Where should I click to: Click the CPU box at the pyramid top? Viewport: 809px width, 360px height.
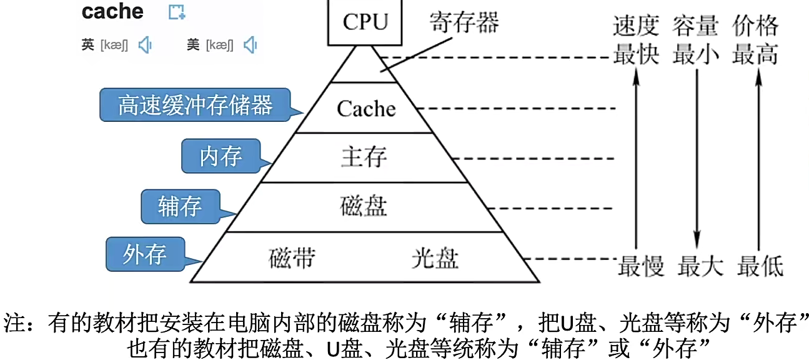pyautogui.click(x=365, y=22)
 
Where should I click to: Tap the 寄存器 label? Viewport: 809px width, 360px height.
pyautogui.click(x=464, y=23)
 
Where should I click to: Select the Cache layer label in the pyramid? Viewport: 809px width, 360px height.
pyautogui.click(x=366, y=109)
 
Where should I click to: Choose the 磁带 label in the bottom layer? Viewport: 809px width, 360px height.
pyautogui.click(x=292, y=257)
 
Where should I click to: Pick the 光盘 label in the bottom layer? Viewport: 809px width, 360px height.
pyautogui.click(x=435, y=257)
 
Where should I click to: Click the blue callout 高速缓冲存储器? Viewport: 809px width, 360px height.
pyautogui.click(x=196, y=104)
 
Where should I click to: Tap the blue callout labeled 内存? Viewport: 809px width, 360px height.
pyautogui.click(x=221, y=156)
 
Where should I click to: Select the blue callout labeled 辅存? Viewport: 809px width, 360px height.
pyautogui.click(x=180, y=206)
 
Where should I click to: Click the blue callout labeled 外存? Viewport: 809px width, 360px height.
pyautogui.click(x=144, y=254)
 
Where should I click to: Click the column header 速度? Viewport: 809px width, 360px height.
pyautogui.click(x=636, y=27)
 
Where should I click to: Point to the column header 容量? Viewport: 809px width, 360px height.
pyautogui.click(x=696, y=27)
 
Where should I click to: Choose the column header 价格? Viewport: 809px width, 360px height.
pyautogui.click(x=755, y=27)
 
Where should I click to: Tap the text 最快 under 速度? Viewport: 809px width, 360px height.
pyautogui.click(x=636, y=55)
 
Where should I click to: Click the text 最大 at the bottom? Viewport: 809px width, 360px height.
pyautogui.click(x=700, y=266)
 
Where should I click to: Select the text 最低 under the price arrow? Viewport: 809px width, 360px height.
pyautogui.click(x=760, y=266)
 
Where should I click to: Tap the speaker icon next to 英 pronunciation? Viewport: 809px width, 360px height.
pyautogui.click(x=145, y=45)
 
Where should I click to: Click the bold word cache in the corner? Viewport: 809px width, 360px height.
pyautogui.click(x=112, y=11)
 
